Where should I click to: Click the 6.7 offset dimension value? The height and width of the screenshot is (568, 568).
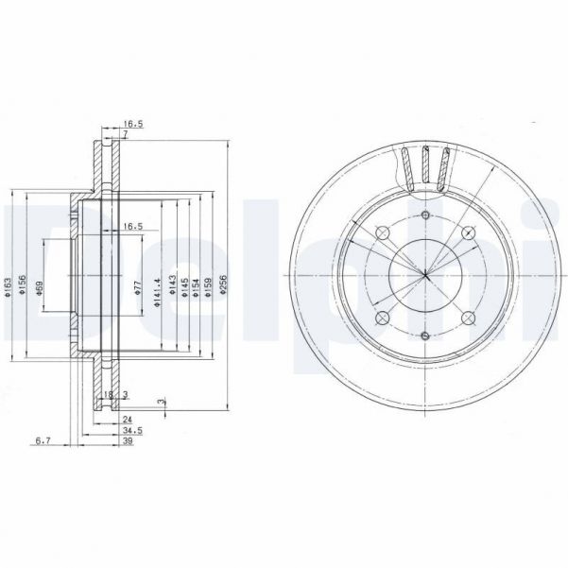coord(42,440)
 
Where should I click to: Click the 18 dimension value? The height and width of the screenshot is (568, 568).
coord(109,394)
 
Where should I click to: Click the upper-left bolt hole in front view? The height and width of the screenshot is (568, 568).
coord(383,232)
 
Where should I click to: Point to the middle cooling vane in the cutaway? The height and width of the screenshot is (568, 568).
coord(437,167)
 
